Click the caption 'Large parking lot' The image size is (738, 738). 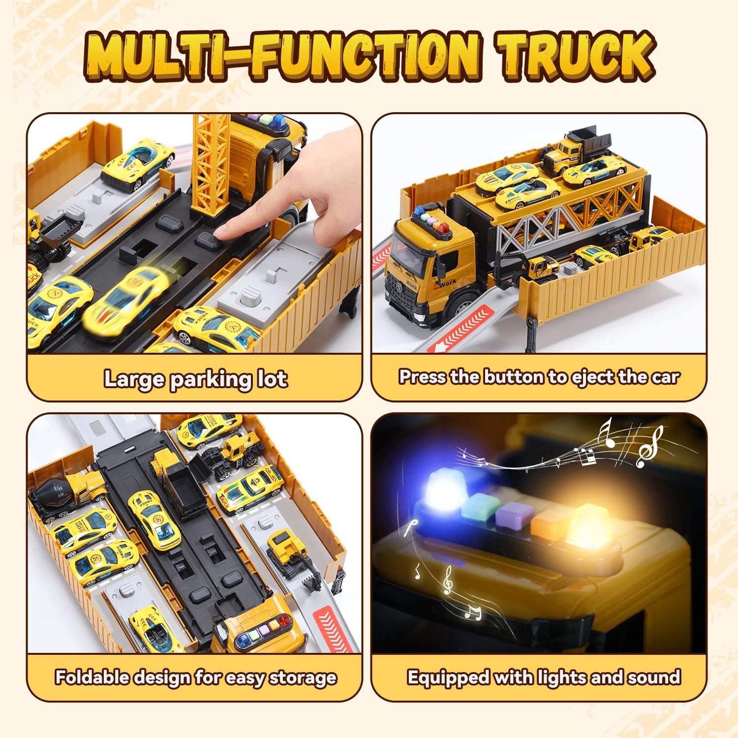[195, 379]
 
